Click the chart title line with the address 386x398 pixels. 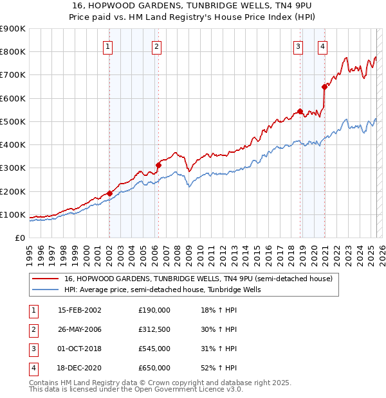pyautogui.click(x=193, y=5)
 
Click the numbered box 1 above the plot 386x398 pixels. pyautogui.click(x=107, y=46)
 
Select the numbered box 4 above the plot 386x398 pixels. pyautogui.click(x=322, y=46)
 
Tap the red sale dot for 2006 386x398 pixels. pyautogui.click(x=159, y=165)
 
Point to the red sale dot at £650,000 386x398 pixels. pyautogui.click(x=324, y=87)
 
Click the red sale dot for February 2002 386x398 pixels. pyautogui.click(x=109, y=193)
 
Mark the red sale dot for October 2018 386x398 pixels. pyautogui.click(x=300, y=111)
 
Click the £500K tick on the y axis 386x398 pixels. pyautogui.click(x=13, y=121)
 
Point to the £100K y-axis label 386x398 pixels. pyautogui.click(x=13, y=214)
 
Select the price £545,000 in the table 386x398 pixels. pyautogui.click(x=154, y=350)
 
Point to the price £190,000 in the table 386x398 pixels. pyautogui.click(x=154, y=310)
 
